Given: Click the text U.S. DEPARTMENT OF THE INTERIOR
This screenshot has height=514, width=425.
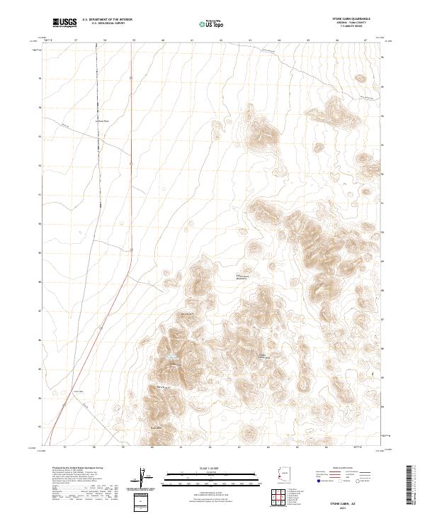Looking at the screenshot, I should (108, 20).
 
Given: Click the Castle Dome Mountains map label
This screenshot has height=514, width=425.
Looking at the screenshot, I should (244, 277).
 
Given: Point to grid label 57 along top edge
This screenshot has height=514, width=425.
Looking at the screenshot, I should (76, 40).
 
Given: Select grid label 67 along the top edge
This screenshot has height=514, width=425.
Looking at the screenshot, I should (365, 40).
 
